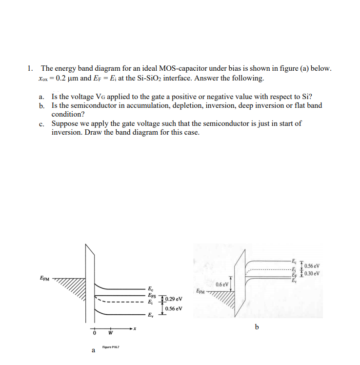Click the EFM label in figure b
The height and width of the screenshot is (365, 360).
coord(200,291)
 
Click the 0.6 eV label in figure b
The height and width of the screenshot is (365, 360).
coord(222,284)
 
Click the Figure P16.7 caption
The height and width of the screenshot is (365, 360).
coord(111,347)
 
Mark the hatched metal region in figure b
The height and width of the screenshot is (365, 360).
coord(224,298)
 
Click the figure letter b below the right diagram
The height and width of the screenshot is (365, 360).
coord(257,325)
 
